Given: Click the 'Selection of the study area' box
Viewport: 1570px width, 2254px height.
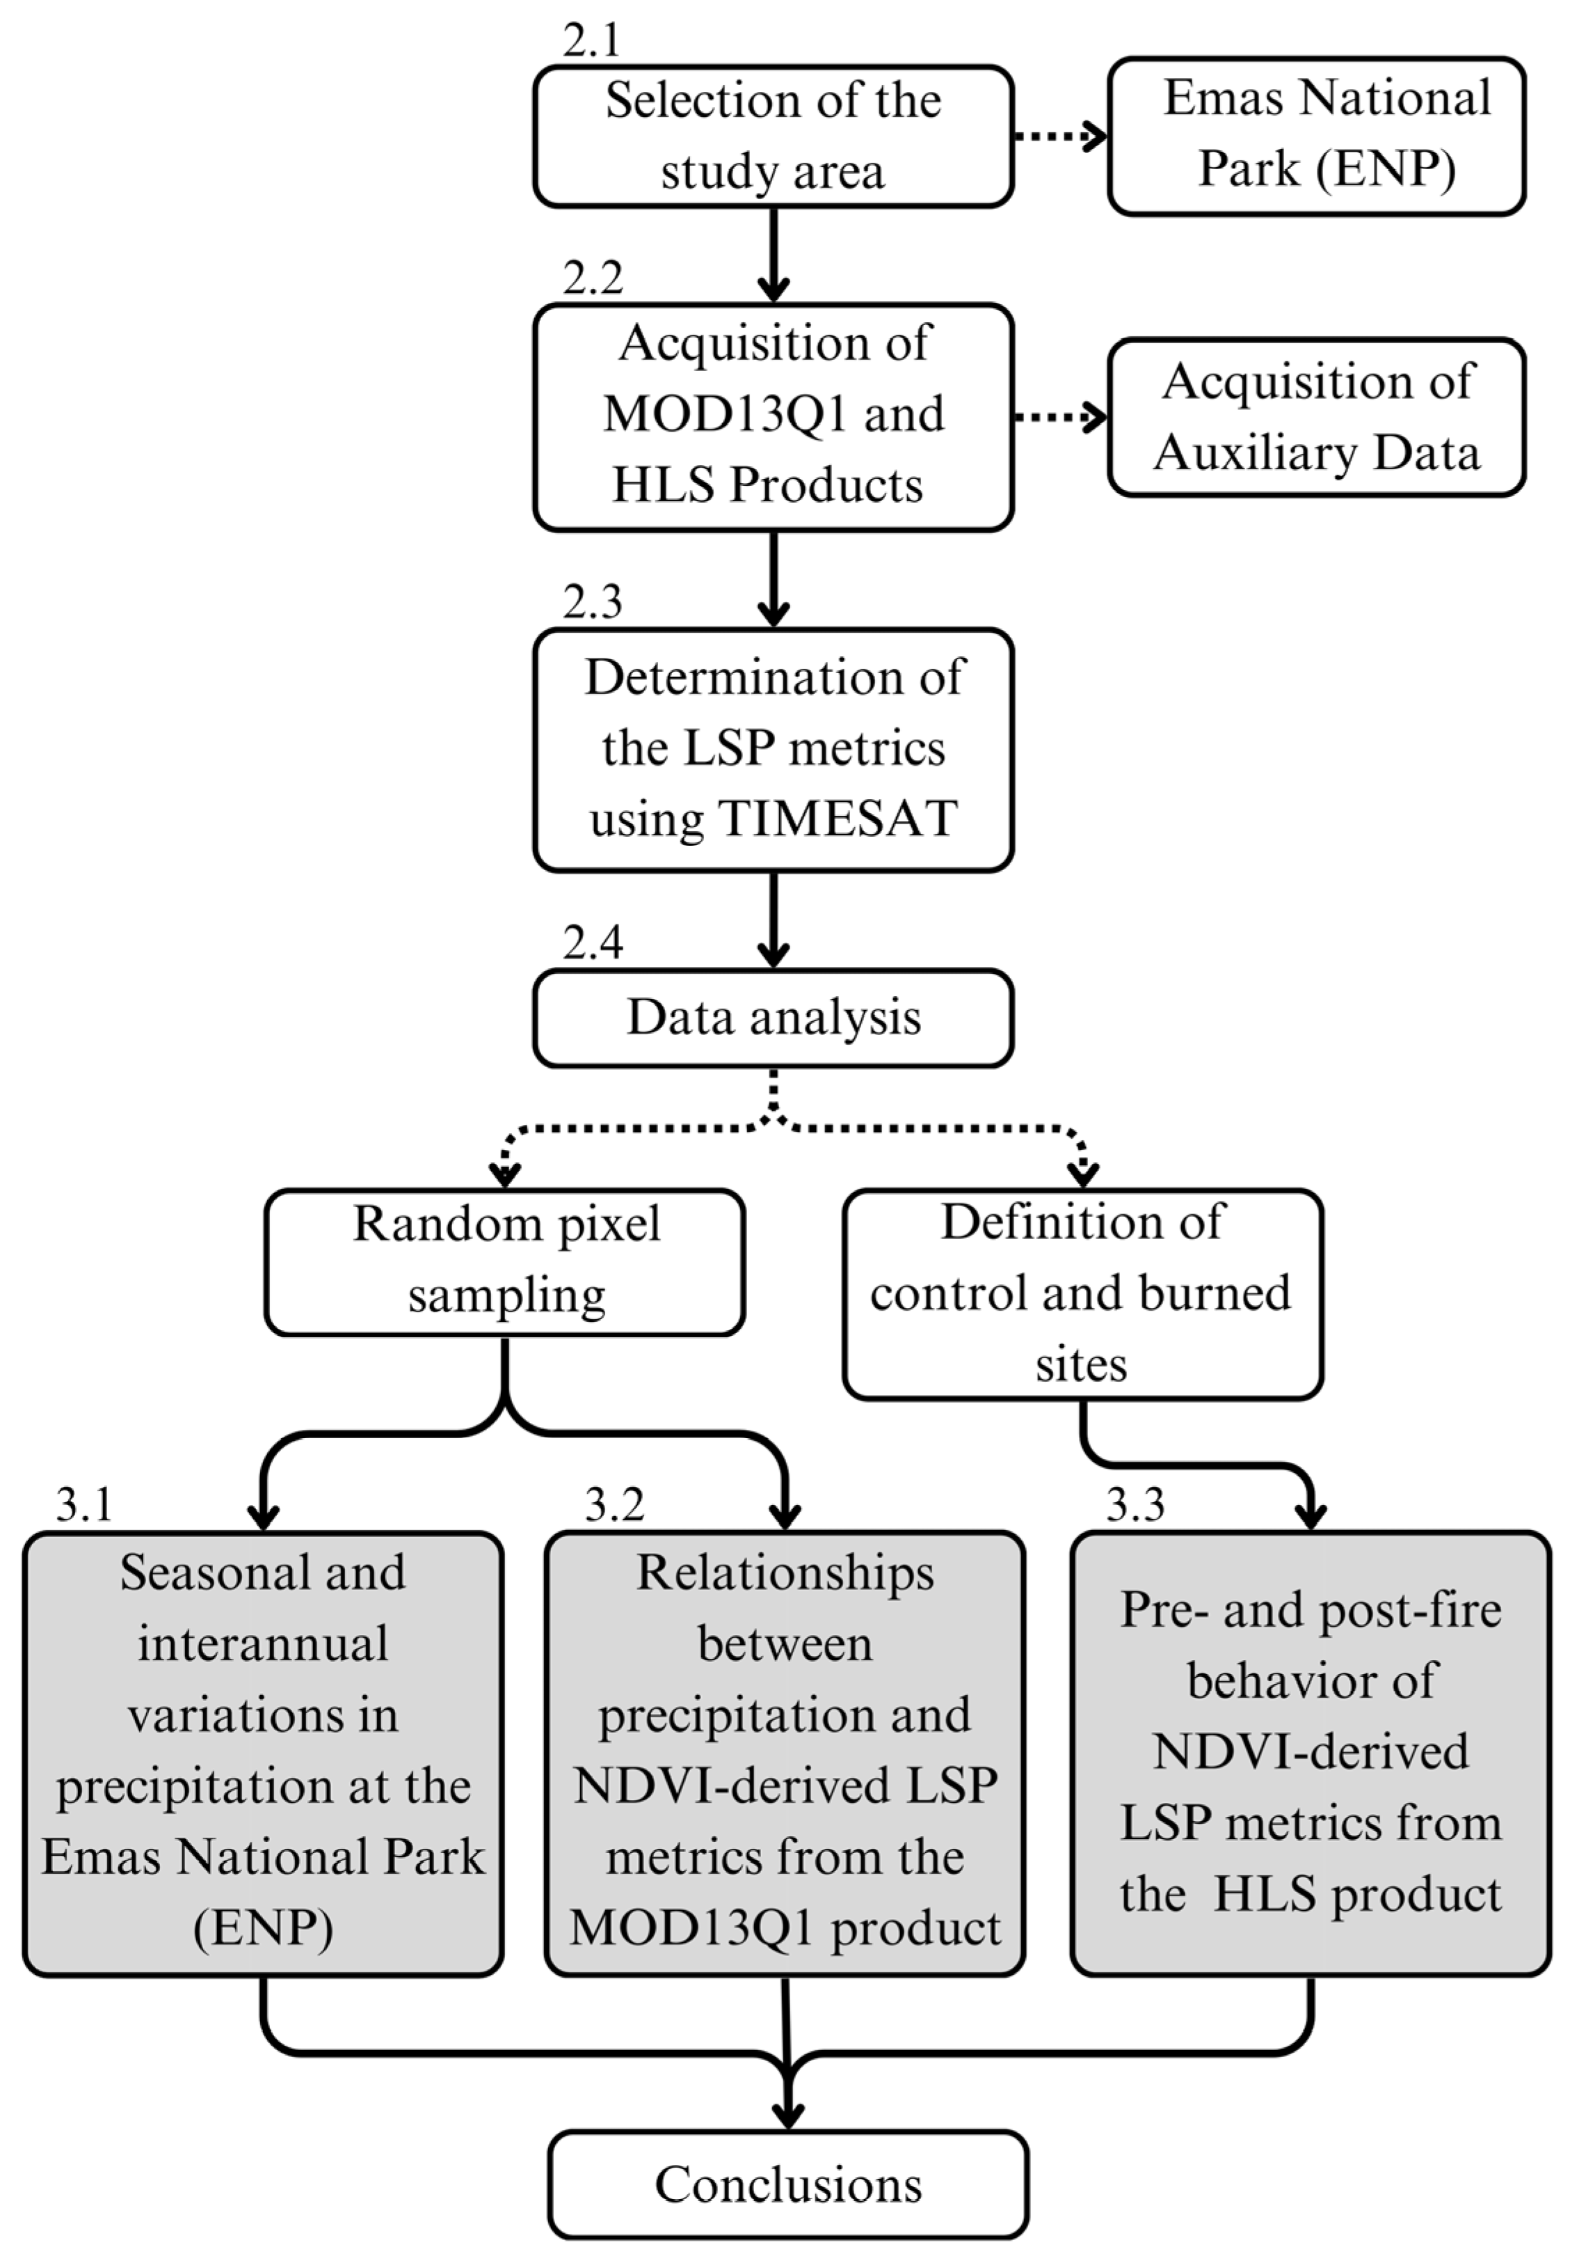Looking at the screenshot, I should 774,136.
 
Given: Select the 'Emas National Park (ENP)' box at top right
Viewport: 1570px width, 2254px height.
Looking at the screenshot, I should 1316,136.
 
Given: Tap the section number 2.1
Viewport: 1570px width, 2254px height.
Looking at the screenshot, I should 592,41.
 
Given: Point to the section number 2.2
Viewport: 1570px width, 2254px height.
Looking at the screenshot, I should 593,279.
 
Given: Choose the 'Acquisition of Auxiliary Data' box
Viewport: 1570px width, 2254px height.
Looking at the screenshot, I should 1316,417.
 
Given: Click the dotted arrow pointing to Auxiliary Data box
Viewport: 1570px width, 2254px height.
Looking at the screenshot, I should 1059,417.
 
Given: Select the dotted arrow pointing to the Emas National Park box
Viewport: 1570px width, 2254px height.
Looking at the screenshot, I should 1059,136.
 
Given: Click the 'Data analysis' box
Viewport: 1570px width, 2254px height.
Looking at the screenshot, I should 774,1018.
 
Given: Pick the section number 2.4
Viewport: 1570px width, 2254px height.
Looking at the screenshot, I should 593,943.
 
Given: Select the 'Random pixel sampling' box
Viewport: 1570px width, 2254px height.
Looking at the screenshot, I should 504,1261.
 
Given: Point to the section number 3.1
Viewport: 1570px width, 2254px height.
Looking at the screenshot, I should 84,1505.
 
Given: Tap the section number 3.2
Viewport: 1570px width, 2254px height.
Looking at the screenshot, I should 614,1505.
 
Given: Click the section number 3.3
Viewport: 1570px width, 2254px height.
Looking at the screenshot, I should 1135,1505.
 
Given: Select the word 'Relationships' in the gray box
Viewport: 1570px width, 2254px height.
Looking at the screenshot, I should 785,1573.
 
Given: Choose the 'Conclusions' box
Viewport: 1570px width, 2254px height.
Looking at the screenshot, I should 788,2185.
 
